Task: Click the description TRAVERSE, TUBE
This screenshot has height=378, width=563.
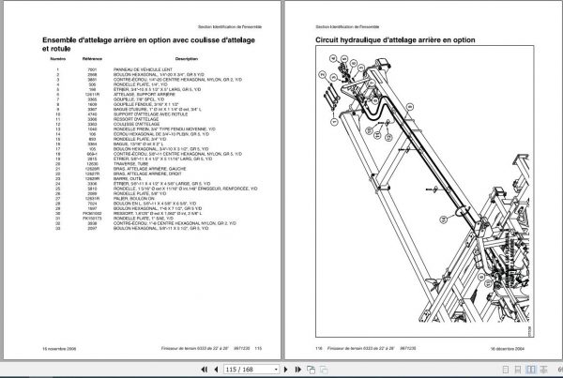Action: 138,165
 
